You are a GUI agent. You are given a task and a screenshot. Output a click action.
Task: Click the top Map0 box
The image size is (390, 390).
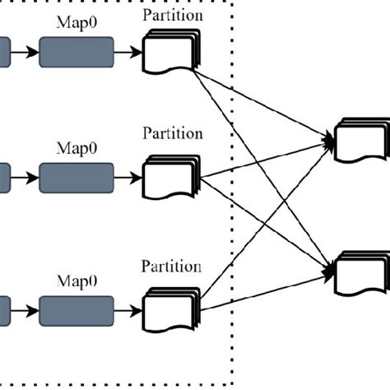point(76,53)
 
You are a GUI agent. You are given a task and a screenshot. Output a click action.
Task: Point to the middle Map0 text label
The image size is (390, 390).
point(76,149)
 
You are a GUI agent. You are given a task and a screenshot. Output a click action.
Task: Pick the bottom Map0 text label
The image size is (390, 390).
point(76,281)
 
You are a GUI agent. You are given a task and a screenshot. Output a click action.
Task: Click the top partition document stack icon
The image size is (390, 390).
point(171,53)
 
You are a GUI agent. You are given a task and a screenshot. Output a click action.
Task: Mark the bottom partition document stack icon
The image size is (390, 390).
point(171,309)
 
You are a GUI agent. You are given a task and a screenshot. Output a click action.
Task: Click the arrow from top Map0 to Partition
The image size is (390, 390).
point(128,53)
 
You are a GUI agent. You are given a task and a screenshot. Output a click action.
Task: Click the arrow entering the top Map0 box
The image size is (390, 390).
point(25,53)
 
